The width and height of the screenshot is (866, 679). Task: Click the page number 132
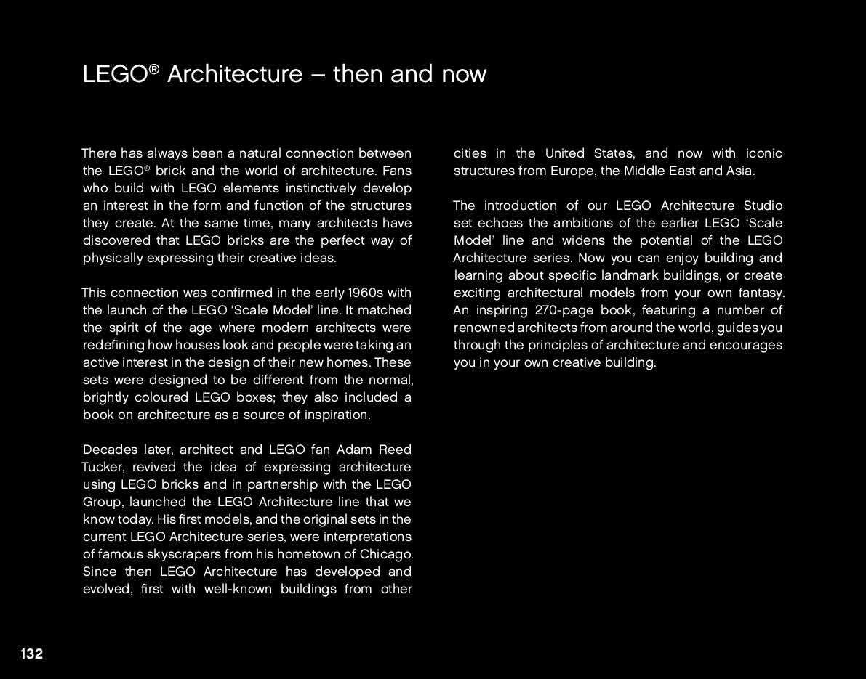click(31, 654)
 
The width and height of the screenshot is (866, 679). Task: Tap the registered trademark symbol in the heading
click(153, 68)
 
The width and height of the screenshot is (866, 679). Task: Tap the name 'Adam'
click(354, 450)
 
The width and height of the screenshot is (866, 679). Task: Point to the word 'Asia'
click(739, 171)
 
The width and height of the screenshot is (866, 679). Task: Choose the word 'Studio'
click(763, 206)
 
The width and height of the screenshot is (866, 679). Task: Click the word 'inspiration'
click(334, 415)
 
